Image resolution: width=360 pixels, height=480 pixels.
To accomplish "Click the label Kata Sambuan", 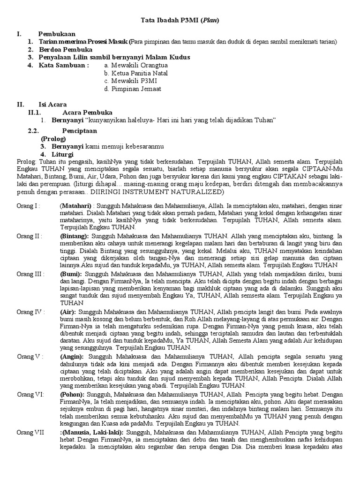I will pos(64,65).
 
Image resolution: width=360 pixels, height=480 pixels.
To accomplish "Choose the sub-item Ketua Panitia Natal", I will pos(136,73).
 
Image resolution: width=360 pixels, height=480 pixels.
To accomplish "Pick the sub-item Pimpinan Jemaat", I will pos(133,89).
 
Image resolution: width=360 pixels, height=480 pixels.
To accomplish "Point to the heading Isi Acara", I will pos(52,105).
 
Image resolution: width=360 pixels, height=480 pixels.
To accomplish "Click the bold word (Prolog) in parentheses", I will pos(53,139).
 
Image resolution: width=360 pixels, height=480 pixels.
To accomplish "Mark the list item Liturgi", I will pos(62,154).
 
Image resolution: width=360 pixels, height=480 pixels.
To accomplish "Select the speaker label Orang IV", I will pos(31,311).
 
